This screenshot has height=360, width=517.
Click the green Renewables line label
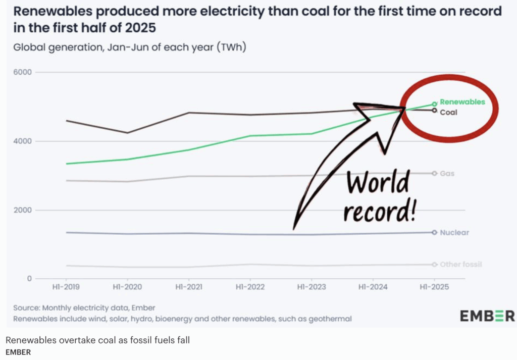462,102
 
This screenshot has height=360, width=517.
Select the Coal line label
448,112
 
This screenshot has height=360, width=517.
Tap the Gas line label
447,174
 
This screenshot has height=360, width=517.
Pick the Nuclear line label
454,233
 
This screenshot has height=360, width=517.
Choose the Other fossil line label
460,265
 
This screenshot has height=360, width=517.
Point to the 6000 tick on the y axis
22,72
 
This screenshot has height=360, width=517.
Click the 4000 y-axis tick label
22,141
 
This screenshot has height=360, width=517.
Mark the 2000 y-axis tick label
22,210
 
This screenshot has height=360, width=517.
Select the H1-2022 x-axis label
249,287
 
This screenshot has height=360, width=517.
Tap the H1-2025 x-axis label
434,287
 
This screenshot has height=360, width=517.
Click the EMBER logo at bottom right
487,316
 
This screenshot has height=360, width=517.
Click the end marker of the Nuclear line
434,232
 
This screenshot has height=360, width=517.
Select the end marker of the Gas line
434,173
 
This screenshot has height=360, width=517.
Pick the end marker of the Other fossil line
434,265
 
